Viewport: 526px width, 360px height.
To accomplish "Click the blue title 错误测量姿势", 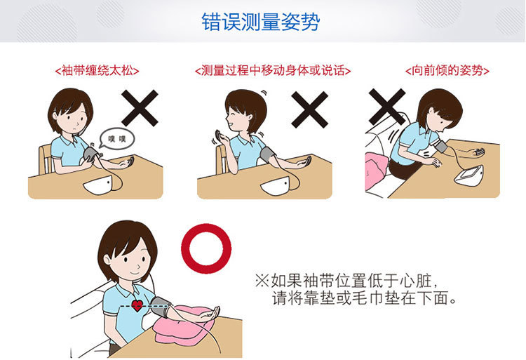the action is [x=261, y=22].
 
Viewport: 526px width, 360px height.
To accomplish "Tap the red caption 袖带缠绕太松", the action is [x=97, y=71].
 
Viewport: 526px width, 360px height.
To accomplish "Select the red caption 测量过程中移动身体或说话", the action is [x=272, y=71].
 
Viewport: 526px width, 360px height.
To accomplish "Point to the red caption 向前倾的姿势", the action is [x=447, y=71].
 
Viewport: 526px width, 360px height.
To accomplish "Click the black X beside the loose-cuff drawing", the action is [x=140, y=107].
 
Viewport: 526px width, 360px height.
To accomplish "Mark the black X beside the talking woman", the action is [x=309, y=109].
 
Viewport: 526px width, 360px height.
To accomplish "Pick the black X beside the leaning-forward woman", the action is [x=386, y=107].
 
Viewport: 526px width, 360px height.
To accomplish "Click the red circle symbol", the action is [x=206, y=248].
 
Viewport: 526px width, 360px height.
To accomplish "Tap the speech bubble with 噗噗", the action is [x=116, y=138].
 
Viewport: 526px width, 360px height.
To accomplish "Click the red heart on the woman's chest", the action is [x=137, y=305].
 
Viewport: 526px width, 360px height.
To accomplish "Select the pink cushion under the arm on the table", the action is [x=184, y=326].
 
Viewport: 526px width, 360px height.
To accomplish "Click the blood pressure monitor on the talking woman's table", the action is [x=275, y=186].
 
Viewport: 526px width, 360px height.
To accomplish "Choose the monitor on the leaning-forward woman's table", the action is [x=469, y=175].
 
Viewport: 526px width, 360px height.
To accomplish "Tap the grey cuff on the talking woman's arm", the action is [x=267, y=154].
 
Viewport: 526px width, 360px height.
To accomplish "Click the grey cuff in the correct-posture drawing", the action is [x=161, y=307].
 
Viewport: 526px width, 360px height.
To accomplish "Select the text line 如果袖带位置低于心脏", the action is [x=346, y=281].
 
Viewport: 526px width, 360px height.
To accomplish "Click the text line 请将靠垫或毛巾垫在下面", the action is [x=364, y=298].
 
